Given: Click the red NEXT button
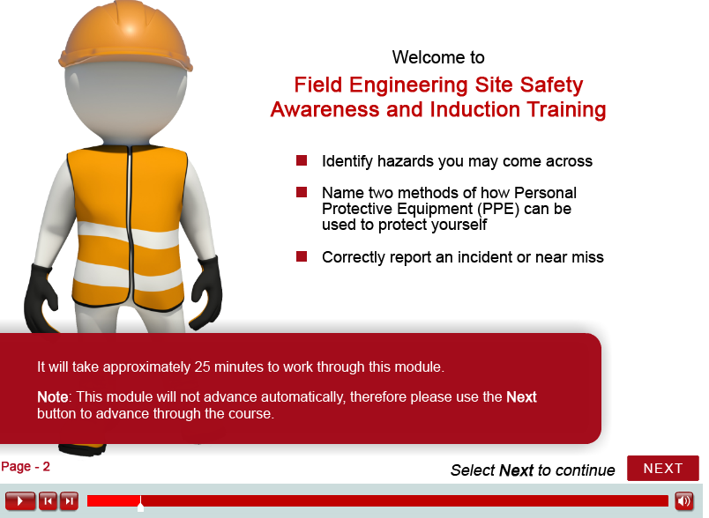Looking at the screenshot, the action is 663,469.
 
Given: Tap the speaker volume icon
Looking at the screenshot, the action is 684,501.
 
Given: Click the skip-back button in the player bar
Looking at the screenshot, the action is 48,501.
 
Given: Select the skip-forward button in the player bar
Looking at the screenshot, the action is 69,501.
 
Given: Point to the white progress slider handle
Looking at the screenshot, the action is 140,504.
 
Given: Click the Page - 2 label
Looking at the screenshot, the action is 26,467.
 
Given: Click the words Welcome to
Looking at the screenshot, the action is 438,57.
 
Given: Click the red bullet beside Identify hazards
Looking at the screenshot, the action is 302,160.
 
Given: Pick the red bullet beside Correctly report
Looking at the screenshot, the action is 302,256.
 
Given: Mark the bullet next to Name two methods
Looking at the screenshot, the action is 302,192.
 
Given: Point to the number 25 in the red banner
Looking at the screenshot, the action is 202,366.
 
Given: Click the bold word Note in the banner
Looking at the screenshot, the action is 52,397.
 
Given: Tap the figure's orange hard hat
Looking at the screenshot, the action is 126,35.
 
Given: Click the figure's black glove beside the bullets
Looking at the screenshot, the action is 206,292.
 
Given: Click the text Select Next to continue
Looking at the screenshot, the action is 533,470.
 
